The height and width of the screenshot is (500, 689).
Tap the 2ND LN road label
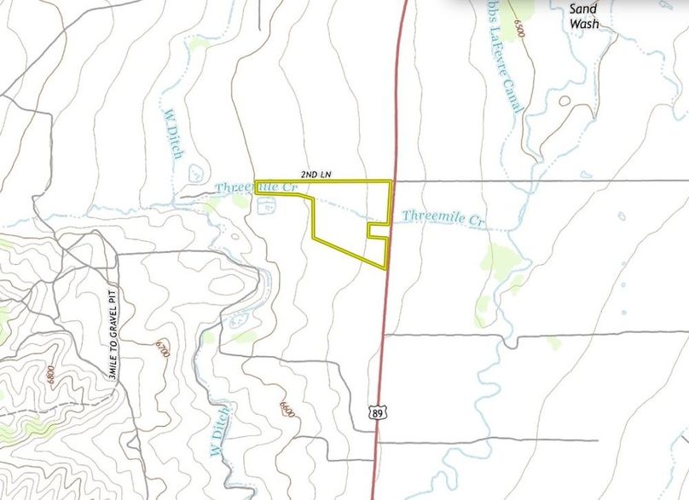pyautogui.click(x=316, y=175)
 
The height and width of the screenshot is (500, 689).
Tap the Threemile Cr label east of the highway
pyautogui.click(x=443, y=217)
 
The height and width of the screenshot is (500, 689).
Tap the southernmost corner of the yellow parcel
pyautogui.click(x=385, y=268)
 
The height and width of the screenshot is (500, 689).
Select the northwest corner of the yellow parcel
pyautogui.click(x=256, y=181)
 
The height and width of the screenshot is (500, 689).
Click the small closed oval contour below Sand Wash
pyautogui.click(x=565, y=101)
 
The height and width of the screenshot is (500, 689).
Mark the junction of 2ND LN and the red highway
pyautogui.click(x=392, y=181)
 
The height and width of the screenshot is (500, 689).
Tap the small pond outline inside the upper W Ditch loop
pyautogui.click(x=194, y=171)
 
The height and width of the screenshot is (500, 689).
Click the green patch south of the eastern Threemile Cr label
pyautogui.click(x=500, y=257)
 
